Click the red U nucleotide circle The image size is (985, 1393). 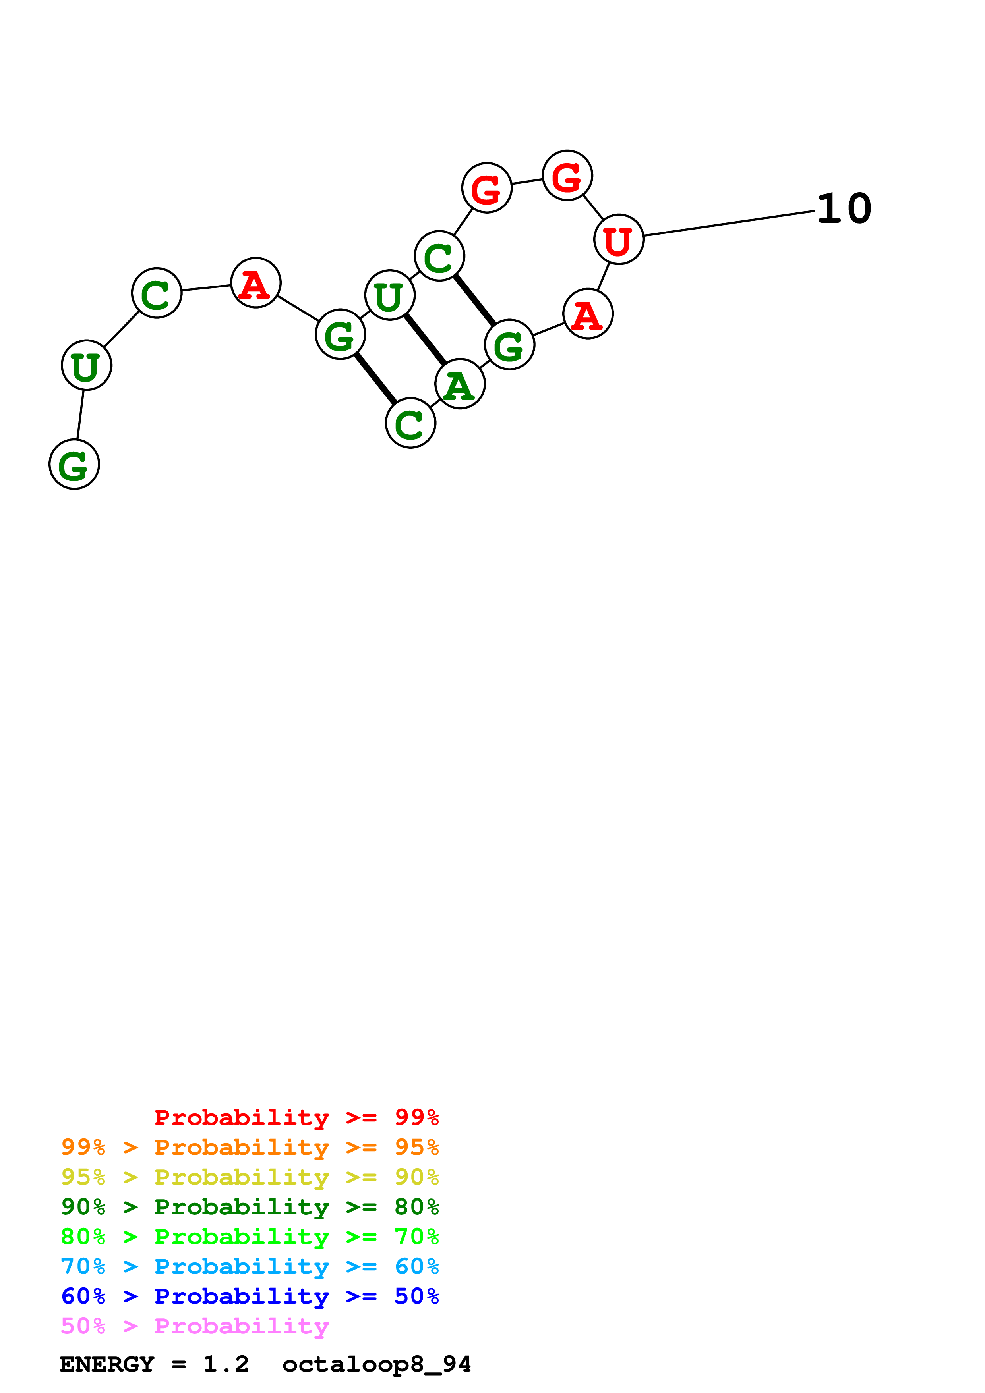point(618,240)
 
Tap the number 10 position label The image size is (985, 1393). point(844,209)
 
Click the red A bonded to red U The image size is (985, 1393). point(588,314)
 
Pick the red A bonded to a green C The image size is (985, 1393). point(255,283)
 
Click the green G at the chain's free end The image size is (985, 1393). point(74,464)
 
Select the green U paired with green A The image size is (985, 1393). point(390,295)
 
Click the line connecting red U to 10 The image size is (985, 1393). point(728,223)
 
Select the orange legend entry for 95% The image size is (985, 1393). point(250,1147)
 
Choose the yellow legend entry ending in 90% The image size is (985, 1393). point(250,1177)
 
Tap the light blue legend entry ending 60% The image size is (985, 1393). point(250,1266)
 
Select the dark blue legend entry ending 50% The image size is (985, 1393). point(250,1296)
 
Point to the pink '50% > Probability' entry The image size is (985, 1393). point(195,1325)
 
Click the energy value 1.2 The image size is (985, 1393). point(226,1364)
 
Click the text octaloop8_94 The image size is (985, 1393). point(376,1364)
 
